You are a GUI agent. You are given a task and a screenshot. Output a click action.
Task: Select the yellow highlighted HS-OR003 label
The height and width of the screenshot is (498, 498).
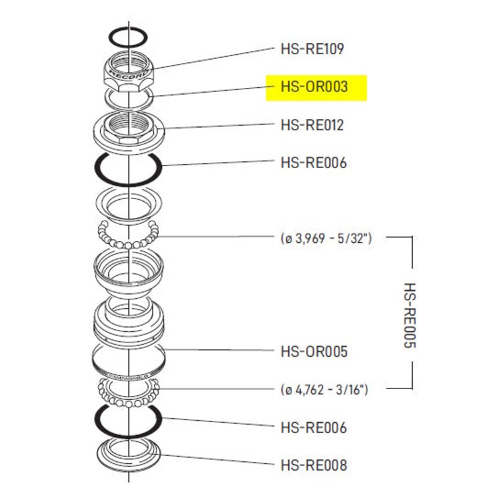(x=316, y=88)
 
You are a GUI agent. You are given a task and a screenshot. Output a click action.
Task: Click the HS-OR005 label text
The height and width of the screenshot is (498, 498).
(x=313, y=352)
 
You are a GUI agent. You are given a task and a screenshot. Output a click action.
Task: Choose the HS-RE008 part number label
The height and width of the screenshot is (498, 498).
(x=313, y=464)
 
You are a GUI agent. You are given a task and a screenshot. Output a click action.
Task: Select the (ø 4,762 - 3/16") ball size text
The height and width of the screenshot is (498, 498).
(x=324, y=390)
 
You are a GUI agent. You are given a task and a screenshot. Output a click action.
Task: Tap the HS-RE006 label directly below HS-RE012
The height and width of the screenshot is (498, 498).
(x=313, y=164)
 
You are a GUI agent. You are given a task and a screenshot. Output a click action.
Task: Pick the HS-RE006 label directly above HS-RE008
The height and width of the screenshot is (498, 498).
(x=313, y=428)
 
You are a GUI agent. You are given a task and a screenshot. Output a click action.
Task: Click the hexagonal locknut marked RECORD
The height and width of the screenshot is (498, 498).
(x=128, y=72)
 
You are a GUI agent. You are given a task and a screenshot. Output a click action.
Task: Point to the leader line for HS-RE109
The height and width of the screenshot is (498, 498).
(x=212, y=58)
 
